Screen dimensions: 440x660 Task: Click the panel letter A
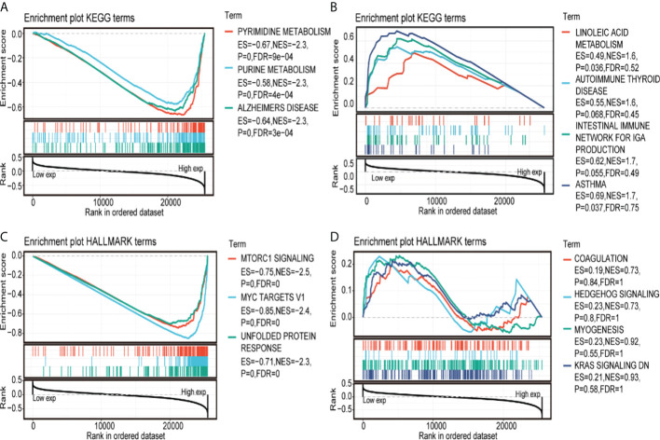point(7,7)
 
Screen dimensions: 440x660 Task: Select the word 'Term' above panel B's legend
point(585,16)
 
